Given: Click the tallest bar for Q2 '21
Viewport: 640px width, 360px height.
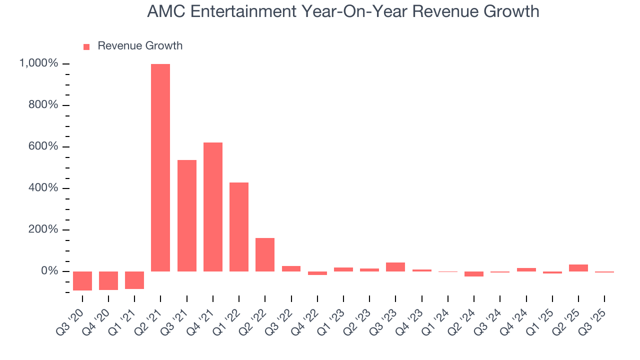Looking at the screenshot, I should [160, 167].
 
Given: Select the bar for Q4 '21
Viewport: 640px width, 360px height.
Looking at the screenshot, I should [213, 206].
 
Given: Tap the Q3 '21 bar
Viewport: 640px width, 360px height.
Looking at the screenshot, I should [187, 215].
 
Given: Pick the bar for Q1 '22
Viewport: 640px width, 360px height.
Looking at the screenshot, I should [239, 226].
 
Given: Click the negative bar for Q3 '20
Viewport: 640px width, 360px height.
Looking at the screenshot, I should [82, 281].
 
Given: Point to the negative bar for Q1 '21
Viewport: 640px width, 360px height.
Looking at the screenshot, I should [134, 280].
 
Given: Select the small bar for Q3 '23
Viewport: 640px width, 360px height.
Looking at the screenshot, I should [395, 267].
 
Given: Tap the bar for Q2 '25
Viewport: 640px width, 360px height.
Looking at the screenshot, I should [578, 268].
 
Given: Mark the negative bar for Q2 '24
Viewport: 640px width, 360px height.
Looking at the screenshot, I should [474, 274].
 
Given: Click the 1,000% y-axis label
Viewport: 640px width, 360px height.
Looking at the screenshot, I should [38, 63].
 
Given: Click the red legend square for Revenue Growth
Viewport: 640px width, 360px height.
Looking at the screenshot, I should [86, 46].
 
